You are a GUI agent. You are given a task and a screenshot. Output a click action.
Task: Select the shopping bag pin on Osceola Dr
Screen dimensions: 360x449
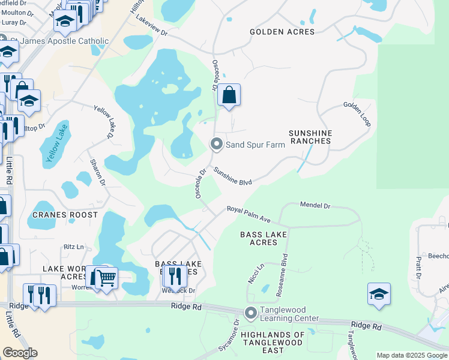(x=229, y=95)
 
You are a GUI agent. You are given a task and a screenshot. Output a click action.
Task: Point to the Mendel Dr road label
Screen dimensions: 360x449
(x=315, y=205)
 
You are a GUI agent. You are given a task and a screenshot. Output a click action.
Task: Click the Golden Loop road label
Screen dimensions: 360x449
(x=357, y=113)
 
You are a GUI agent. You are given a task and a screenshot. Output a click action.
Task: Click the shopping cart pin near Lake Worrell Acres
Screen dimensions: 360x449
(x=105, y=277)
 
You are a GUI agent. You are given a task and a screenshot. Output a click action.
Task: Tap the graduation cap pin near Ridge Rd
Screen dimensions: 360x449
(x=378, y=294)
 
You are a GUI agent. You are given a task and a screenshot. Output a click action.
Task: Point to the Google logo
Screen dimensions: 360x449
(x=20, y=353)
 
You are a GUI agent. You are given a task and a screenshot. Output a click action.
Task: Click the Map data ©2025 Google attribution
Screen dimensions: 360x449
(x=411, y=355)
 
